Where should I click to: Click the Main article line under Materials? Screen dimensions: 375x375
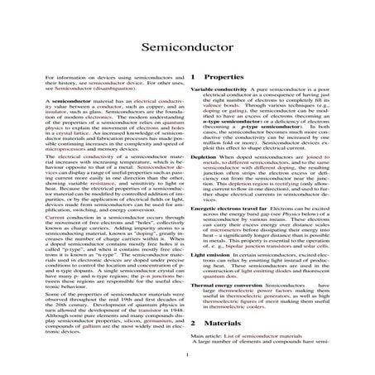pyautogui.click(x=256, y=338)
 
